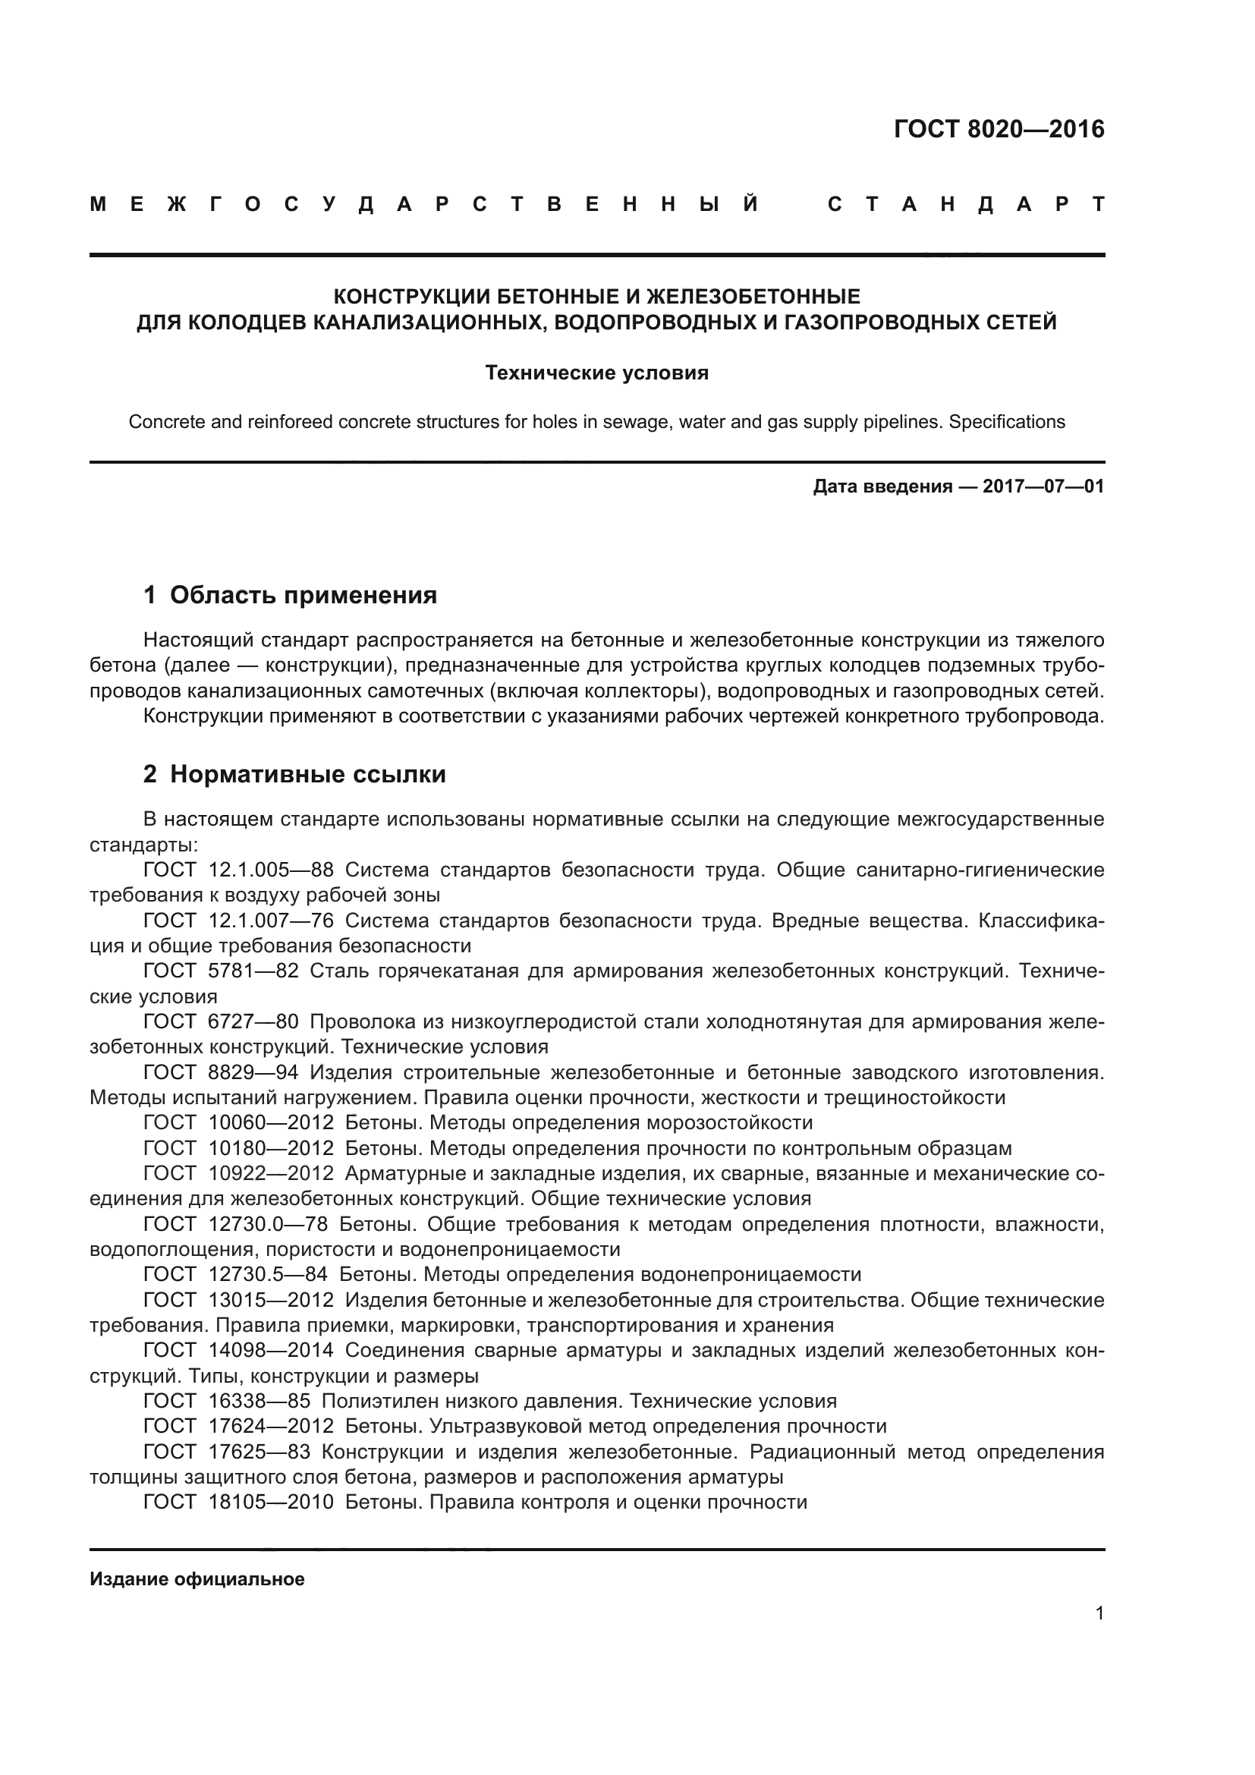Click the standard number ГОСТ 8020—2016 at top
[999, 129]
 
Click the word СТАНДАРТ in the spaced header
[966, 205]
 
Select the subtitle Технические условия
[596, 373]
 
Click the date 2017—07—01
[1043, 487]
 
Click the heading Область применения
[303, 595]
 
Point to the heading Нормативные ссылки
[307, 775]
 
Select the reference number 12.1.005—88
[271, 870]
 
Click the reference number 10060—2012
[271, 1123]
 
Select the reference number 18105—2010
[271, 1503]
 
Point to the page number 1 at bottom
[1099, 1613]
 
